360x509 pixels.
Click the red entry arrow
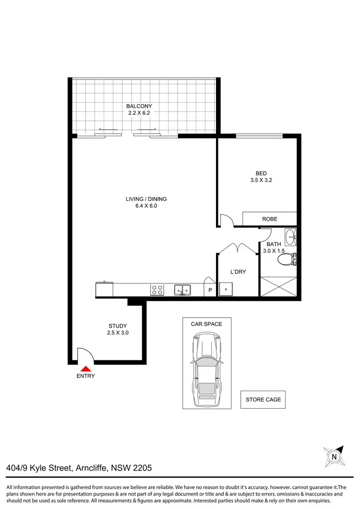(85, 368)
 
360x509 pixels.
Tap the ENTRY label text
(85, 376)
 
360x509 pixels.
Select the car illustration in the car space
(206, 369)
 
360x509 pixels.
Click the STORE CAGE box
(264, 399)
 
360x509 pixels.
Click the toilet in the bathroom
(287, 260)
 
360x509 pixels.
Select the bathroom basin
(290, 236)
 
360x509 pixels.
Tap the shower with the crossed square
(278, 287)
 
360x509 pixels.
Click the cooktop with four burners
(157, 290)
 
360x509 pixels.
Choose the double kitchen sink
(182, 290)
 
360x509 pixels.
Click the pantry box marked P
(210, 290)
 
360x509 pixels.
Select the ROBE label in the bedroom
(269, 219)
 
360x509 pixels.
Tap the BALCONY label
(139, 106)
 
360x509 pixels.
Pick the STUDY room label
(118, 326)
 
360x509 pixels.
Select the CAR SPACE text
(206, 324)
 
